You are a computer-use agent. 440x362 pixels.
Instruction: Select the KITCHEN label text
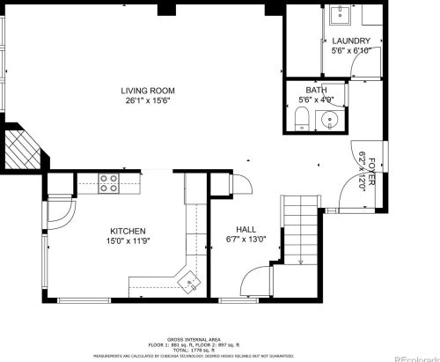coord(128,231)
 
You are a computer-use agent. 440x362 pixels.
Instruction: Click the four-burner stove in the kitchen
coord(109,182)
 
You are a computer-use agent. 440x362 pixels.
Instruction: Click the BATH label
coord(316,90)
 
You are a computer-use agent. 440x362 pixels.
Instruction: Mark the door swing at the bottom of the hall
coord(253,283)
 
